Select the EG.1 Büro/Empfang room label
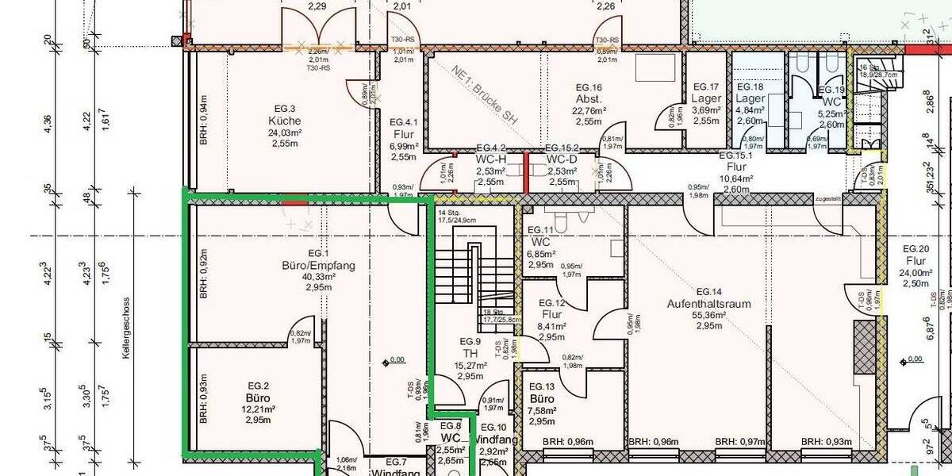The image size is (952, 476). [x=318, y=265]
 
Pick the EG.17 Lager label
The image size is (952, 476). [x=706, y=98]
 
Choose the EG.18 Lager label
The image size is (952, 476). [x=750, y=98]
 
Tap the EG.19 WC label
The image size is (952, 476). [x=831, y=103]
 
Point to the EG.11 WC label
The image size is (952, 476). [x=541, y=241]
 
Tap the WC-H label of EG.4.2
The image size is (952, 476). [x=490, y=159]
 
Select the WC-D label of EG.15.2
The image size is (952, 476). [x=561, y=159]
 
